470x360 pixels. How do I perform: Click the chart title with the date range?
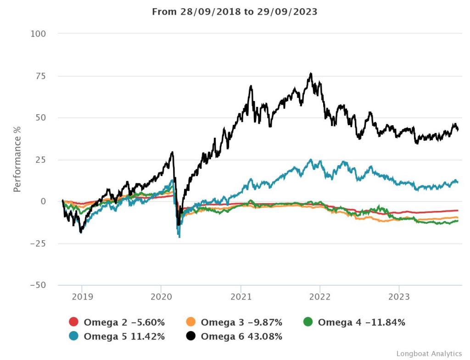[235, 12]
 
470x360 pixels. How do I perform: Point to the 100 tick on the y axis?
[39, 34]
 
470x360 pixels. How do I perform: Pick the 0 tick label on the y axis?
[43, 201]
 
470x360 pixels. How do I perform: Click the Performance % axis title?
[17, 160]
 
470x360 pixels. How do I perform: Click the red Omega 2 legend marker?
[74, 322]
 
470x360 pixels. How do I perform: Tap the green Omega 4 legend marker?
[308, 322]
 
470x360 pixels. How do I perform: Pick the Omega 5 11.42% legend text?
[124, 337]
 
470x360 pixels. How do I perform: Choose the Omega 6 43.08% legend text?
[241, 337]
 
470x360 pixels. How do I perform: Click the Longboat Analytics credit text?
[429, 354]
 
